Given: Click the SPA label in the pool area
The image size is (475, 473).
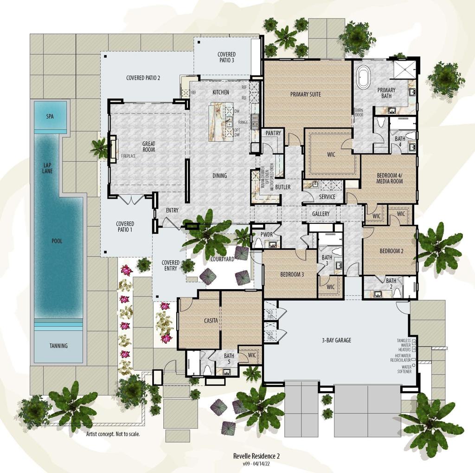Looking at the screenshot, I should (x=50, y=116).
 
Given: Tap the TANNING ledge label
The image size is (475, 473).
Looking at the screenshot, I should (x=58, y=346).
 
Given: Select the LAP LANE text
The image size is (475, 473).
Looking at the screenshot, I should (x=48, y=168).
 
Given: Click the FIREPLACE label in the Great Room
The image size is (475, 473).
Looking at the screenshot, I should (x=128, y=156).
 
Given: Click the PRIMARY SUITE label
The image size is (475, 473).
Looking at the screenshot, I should (x=305, y=95).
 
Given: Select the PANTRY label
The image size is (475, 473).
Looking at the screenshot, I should (x=273, y=133).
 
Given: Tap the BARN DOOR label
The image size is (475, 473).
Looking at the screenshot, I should (x=359, y=113).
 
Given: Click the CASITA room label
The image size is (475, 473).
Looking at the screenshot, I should (x=211, y=321).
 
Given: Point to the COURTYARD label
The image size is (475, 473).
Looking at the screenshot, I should (x=222, y=259).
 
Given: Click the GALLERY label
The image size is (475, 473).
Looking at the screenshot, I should (x=321, y=214).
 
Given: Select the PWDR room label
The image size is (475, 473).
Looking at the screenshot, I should (x=266, y=235).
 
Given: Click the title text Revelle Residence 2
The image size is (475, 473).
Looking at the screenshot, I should (x=256, y=456).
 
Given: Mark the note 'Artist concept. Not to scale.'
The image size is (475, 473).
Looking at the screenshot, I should (x=113, y=435).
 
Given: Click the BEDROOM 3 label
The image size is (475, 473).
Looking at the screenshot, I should (x=292, y=275).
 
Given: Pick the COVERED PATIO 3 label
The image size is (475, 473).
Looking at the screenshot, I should (x=226, y=57).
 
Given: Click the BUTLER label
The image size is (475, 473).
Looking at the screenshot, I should (x=282, y=187).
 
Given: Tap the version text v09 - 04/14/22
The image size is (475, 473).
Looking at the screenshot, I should (x=256, y=463).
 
